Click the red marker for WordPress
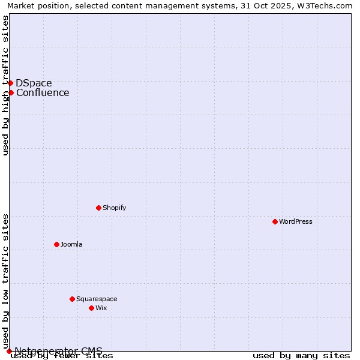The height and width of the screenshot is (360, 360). pos(275,221)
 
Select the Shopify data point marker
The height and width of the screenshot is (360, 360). pos(98,208)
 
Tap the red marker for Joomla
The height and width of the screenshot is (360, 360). pos(56,244)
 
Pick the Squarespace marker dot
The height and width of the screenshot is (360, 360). pos(72,299)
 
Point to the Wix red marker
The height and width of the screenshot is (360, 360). pos(91,308)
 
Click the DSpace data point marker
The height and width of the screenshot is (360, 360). pos(10,83)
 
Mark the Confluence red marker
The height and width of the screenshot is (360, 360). pos(11,92)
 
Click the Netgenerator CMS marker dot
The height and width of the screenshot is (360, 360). pos(9,351)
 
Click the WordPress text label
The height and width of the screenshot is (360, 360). pos(296,221)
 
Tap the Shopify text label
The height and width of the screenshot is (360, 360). pos(114,208)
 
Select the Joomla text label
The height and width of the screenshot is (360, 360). pos(71,244)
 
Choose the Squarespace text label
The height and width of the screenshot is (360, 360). pos(97,299)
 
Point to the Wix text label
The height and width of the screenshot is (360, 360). pos(101,308)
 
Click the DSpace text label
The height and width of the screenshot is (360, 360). pos(34,83)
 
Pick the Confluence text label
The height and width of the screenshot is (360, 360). pos(43,92)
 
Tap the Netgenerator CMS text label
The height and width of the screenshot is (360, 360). pos(58,351)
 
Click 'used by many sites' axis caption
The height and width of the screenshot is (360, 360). pos(301,356)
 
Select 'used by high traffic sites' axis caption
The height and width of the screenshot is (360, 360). pos(5,85)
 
